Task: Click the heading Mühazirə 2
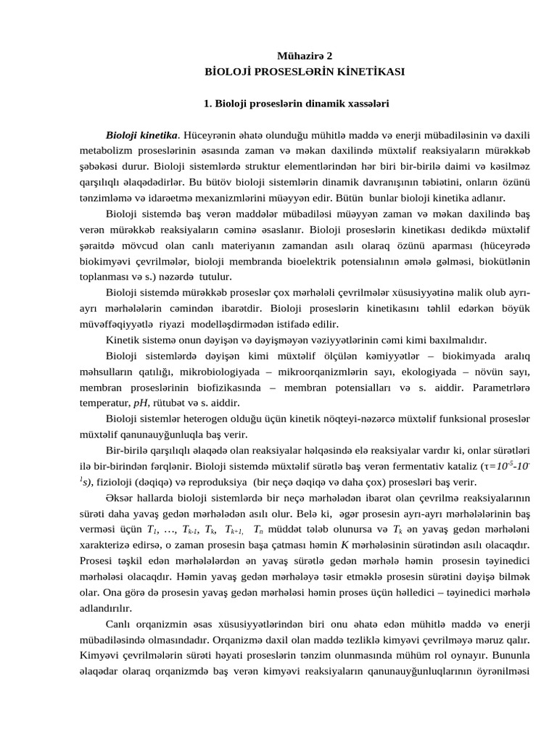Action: (x=305, y=55)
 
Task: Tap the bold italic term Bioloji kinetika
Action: (x=141, y=135)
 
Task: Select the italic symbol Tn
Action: (x=259, y=529)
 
